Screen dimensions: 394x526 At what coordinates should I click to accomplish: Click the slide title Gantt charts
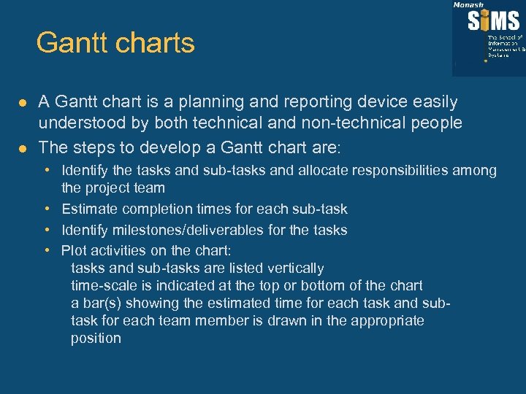[115, 43]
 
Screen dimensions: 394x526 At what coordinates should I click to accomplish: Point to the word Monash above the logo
[468, 4]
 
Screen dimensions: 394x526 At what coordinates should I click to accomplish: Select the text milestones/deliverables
[173, 230]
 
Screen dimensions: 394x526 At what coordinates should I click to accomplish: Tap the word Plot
[73, 250]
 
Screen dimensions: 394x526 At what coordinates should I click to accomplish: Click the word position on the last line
[96, 339]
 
